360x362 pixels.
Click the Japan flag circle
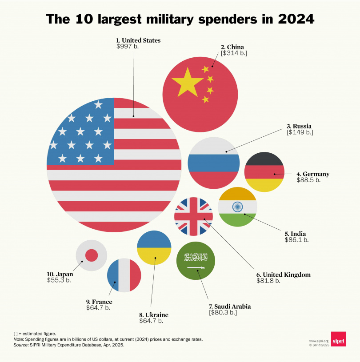91,255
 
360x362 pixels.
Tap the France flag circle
124,275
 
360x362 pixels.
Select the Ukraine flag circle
154,247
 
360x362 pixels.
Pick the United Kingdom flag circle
193,216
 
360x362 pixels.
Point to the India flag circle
237,207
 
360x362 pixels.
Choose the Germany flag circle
264,172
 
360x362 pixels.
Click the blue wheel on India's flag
237,207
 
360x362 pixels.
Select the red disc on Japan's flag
91,255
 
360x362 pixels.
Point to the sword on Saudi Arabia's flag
196,268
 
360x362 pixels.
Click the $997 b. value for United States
127,47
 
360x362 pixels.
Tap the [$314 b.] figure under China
234,53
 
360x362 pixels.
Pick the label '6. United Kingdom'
284,274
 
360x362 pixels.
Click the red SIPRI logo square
338,339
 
